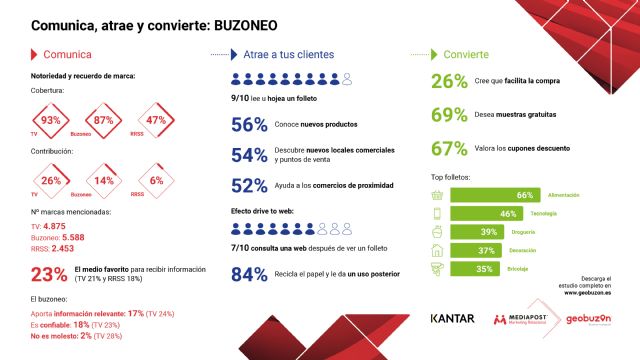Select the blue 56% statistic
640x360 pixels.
pos(249,124)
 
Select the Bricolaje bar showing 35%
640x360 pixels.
pos(478,268)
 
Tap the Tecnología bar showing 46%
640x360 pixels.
pos(486,213)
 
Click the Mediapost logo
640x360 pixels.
pos(522,319)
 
